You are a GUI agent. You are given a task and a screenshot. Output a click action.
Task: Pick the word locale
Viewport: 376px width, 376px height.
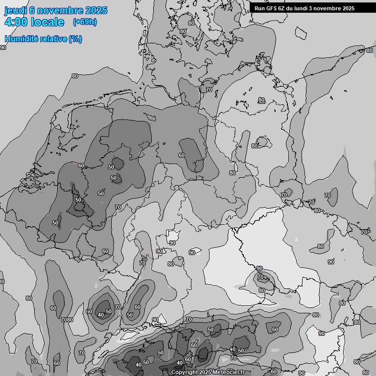pyautogui.click(x=48, y=22)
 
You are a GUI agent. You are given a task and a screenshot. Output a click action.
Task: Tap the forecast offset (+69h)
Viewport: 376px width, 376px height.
pyautogui.click(x=85, y=22)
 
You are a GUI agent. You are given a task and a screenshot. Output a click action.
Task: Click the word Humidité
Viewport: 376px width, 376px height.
pyautogui.click(x=21, y=39)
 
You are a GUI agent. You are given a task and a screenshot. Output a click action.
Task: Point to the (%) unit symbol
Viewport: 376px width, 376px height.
pyautogui.click(x=75, y=39)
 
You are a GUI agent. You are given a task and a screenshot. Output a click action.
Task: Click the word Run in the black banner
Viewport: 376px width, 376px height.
pyautogui.click(x=259, y=8)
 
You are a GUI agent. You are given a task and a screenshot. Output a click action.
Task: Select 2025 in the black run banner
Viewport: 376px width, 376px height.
pyautogui.click(x=348, y=8)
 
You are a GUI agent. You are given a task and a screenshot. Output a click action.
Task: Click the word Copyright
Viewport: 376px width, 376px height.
pyautogui.click(x=185, y=373)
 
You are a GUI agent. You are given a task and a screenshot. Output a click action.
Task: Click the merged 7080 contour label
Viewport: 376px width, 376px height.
pyautogui.click(x=67, y=320)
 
